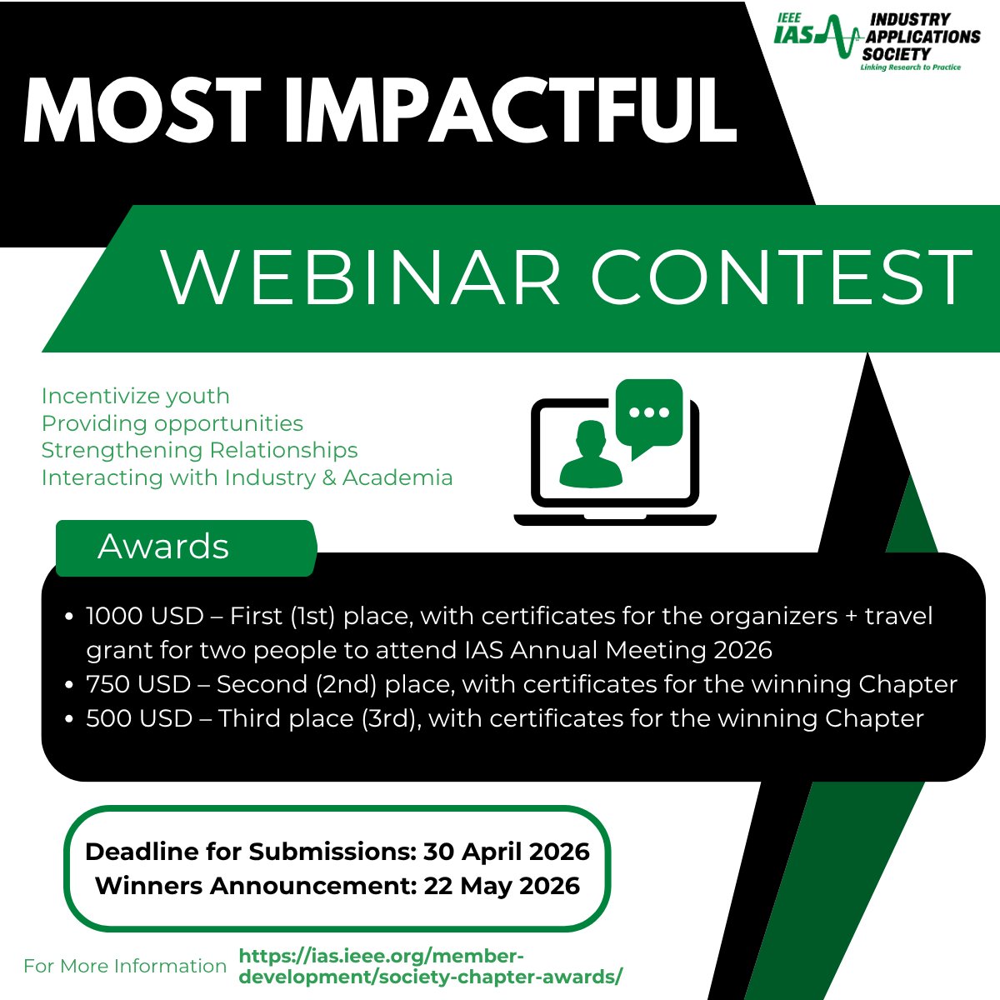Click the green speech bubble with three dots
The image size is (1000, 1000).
click(x=649, y=415)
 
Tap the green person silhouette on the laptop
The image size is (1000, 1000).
click(x=591, y=456)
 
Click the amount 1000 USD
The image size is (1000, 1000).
click(x=145, y=616)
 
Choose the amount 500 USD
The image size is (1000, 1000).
click(x=139, y=718)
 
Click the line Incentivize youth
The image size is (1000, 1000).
click(x=135, y=396)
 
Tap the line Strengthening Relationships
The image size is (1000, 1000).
click(x=199, y=450)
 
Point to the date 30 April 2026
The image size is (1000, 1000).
click(x=506, y=852)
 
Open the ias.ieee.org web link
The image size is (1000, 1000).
click(x=430, y=967)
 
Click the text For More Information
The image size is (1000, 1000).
click(x=125, y=966)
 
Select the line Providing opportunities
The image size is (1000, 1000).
click(x=172, y=423)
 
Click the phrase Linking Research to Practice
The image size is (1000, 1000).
click(x=910, y=67)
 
